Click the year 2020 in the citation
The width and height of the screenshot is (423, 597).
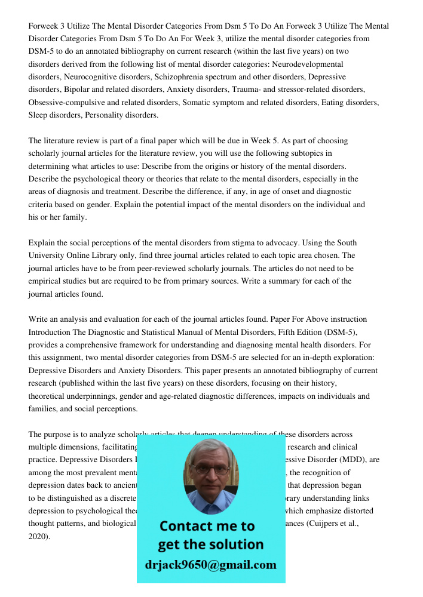click(38, 536)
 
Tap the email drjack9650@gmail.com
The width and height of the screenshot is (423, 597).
click(211, 565)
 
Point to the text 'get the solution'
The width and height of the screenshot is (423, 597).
click(210, 544)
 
